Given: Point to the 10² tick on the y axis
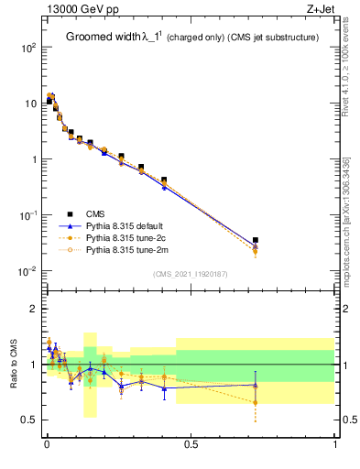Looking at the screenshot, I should pyautogui.click(x=28, y=48).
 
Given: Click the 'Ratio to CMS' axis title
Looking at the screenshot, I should pyautogui.click(x=13, y=365).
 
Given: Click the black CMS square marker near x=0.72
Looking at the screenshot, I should pyautogui.click(x=256, y=240).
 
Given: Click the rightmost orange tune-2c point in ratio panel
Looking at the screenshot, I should pyautogui.click(x=256, y=402).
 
